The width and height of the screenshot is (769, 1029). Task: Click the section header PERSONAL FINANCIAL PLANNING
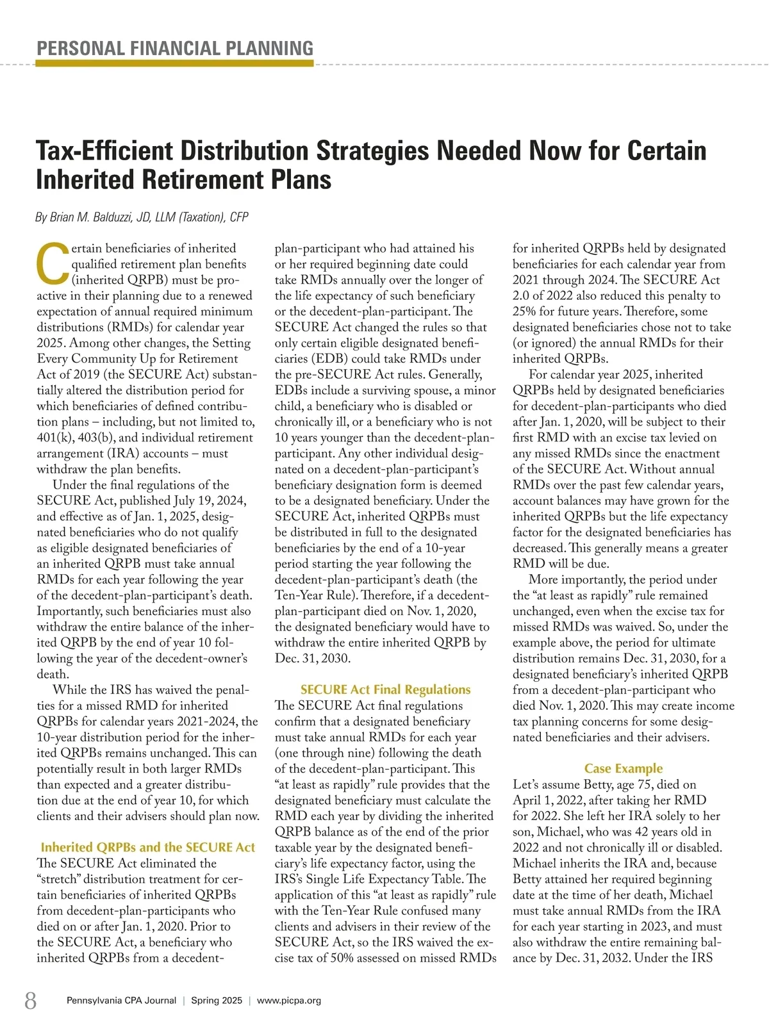click(x=175, y=48)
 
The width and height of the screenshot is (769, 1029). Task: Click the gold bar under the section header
click(x=175, y=63)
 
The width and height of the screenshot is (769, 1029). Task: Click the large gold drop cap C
click(x=53, y=264)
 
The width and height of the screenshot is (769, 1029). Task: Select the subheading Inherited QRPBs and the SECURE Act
click(x=148, y=847)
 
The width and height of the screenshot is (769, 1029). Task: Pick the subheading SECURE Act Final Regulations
click(x=385, y=689)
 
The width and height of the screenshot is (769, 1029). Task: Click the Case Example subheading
click(x=623, y=768)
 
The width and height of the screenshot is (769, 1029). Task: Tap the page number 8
click(x=30, y=1000)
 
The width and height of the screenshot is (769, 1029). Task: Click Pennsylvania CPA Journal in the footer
click(x=121, y=1000)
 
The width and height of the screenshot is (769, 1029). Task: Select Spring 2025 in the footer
click(x=217, y=1000)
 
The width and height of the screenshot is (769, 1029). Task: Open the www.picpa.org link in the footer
click(x=289, y=1000)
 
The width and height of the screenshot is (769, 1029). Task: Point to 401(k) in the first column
click(x=54, y=438)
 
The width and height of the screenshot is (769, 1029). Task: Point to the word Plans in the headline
click(x=301, y=180)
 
